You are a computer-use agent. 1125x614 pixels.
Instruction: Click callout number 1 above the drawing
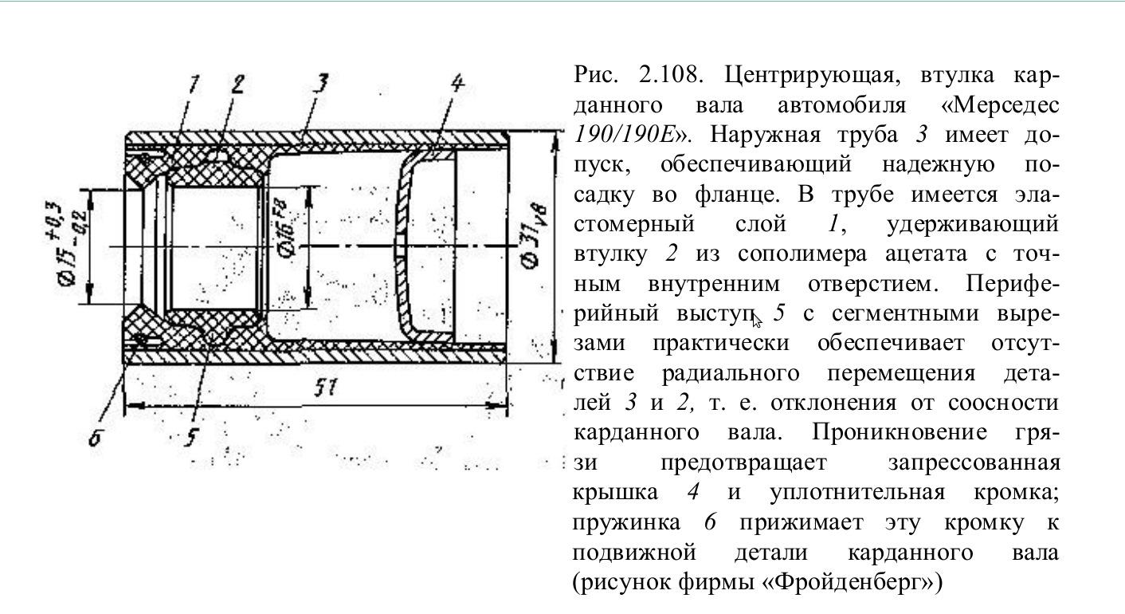[x=193, y=84]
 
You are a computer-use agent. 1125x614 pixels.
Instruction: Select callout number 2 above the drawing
[x=237, y=84]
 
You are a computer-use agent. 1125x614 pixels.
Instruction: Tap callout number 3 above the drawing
[x=321, y=83]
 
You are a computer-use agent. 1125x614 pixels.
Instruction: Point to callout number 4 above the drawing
[x=457, y=83]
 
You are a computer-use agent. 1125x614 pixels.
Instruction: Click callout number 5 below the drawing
[x=191, y=438]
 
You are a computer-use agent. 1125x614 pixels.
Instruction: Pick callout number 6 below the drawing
[x=96, y=439]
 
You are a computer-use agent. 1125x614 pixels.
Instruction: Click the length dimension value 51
[x=327, y=388]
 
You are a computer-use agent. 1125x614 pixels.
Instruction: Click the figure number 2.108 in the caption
[x=669, y=75]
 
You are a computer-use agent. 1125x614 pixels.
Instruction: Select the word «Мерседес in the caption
[x=998, y=105]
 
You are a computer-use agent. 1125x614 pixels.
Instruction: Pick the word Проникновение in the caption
[x=900, y=432]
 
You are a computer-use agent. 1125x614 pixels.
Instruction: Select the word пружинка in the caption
[x=626, y=523]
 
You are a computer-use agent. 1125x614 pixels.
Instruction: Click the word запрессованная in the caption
[x=974, y=462]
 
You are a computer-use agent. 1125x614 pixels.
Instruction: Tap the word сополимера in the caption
[x=802, y=254]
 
